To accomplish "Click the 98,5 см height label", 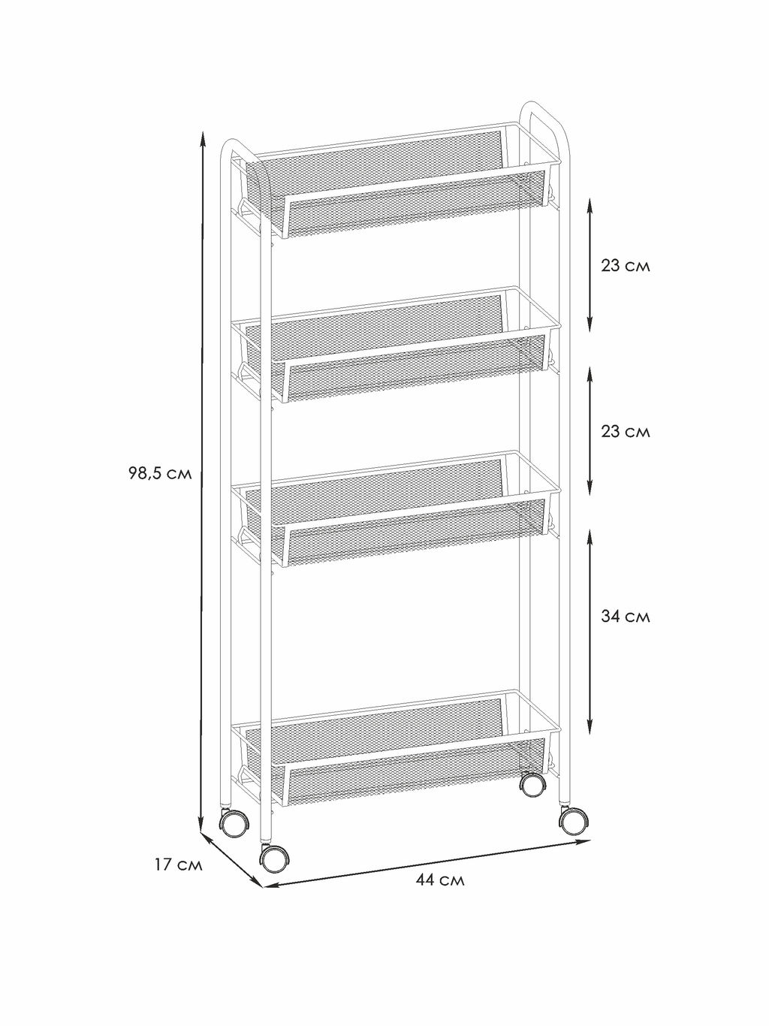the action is pos(160,474).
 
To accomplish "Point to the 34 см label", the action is pos(626,617).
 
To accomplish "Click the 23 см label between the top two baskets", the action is pos(626,266).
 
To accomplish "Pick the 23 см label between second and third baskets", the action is pos(626,431).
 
